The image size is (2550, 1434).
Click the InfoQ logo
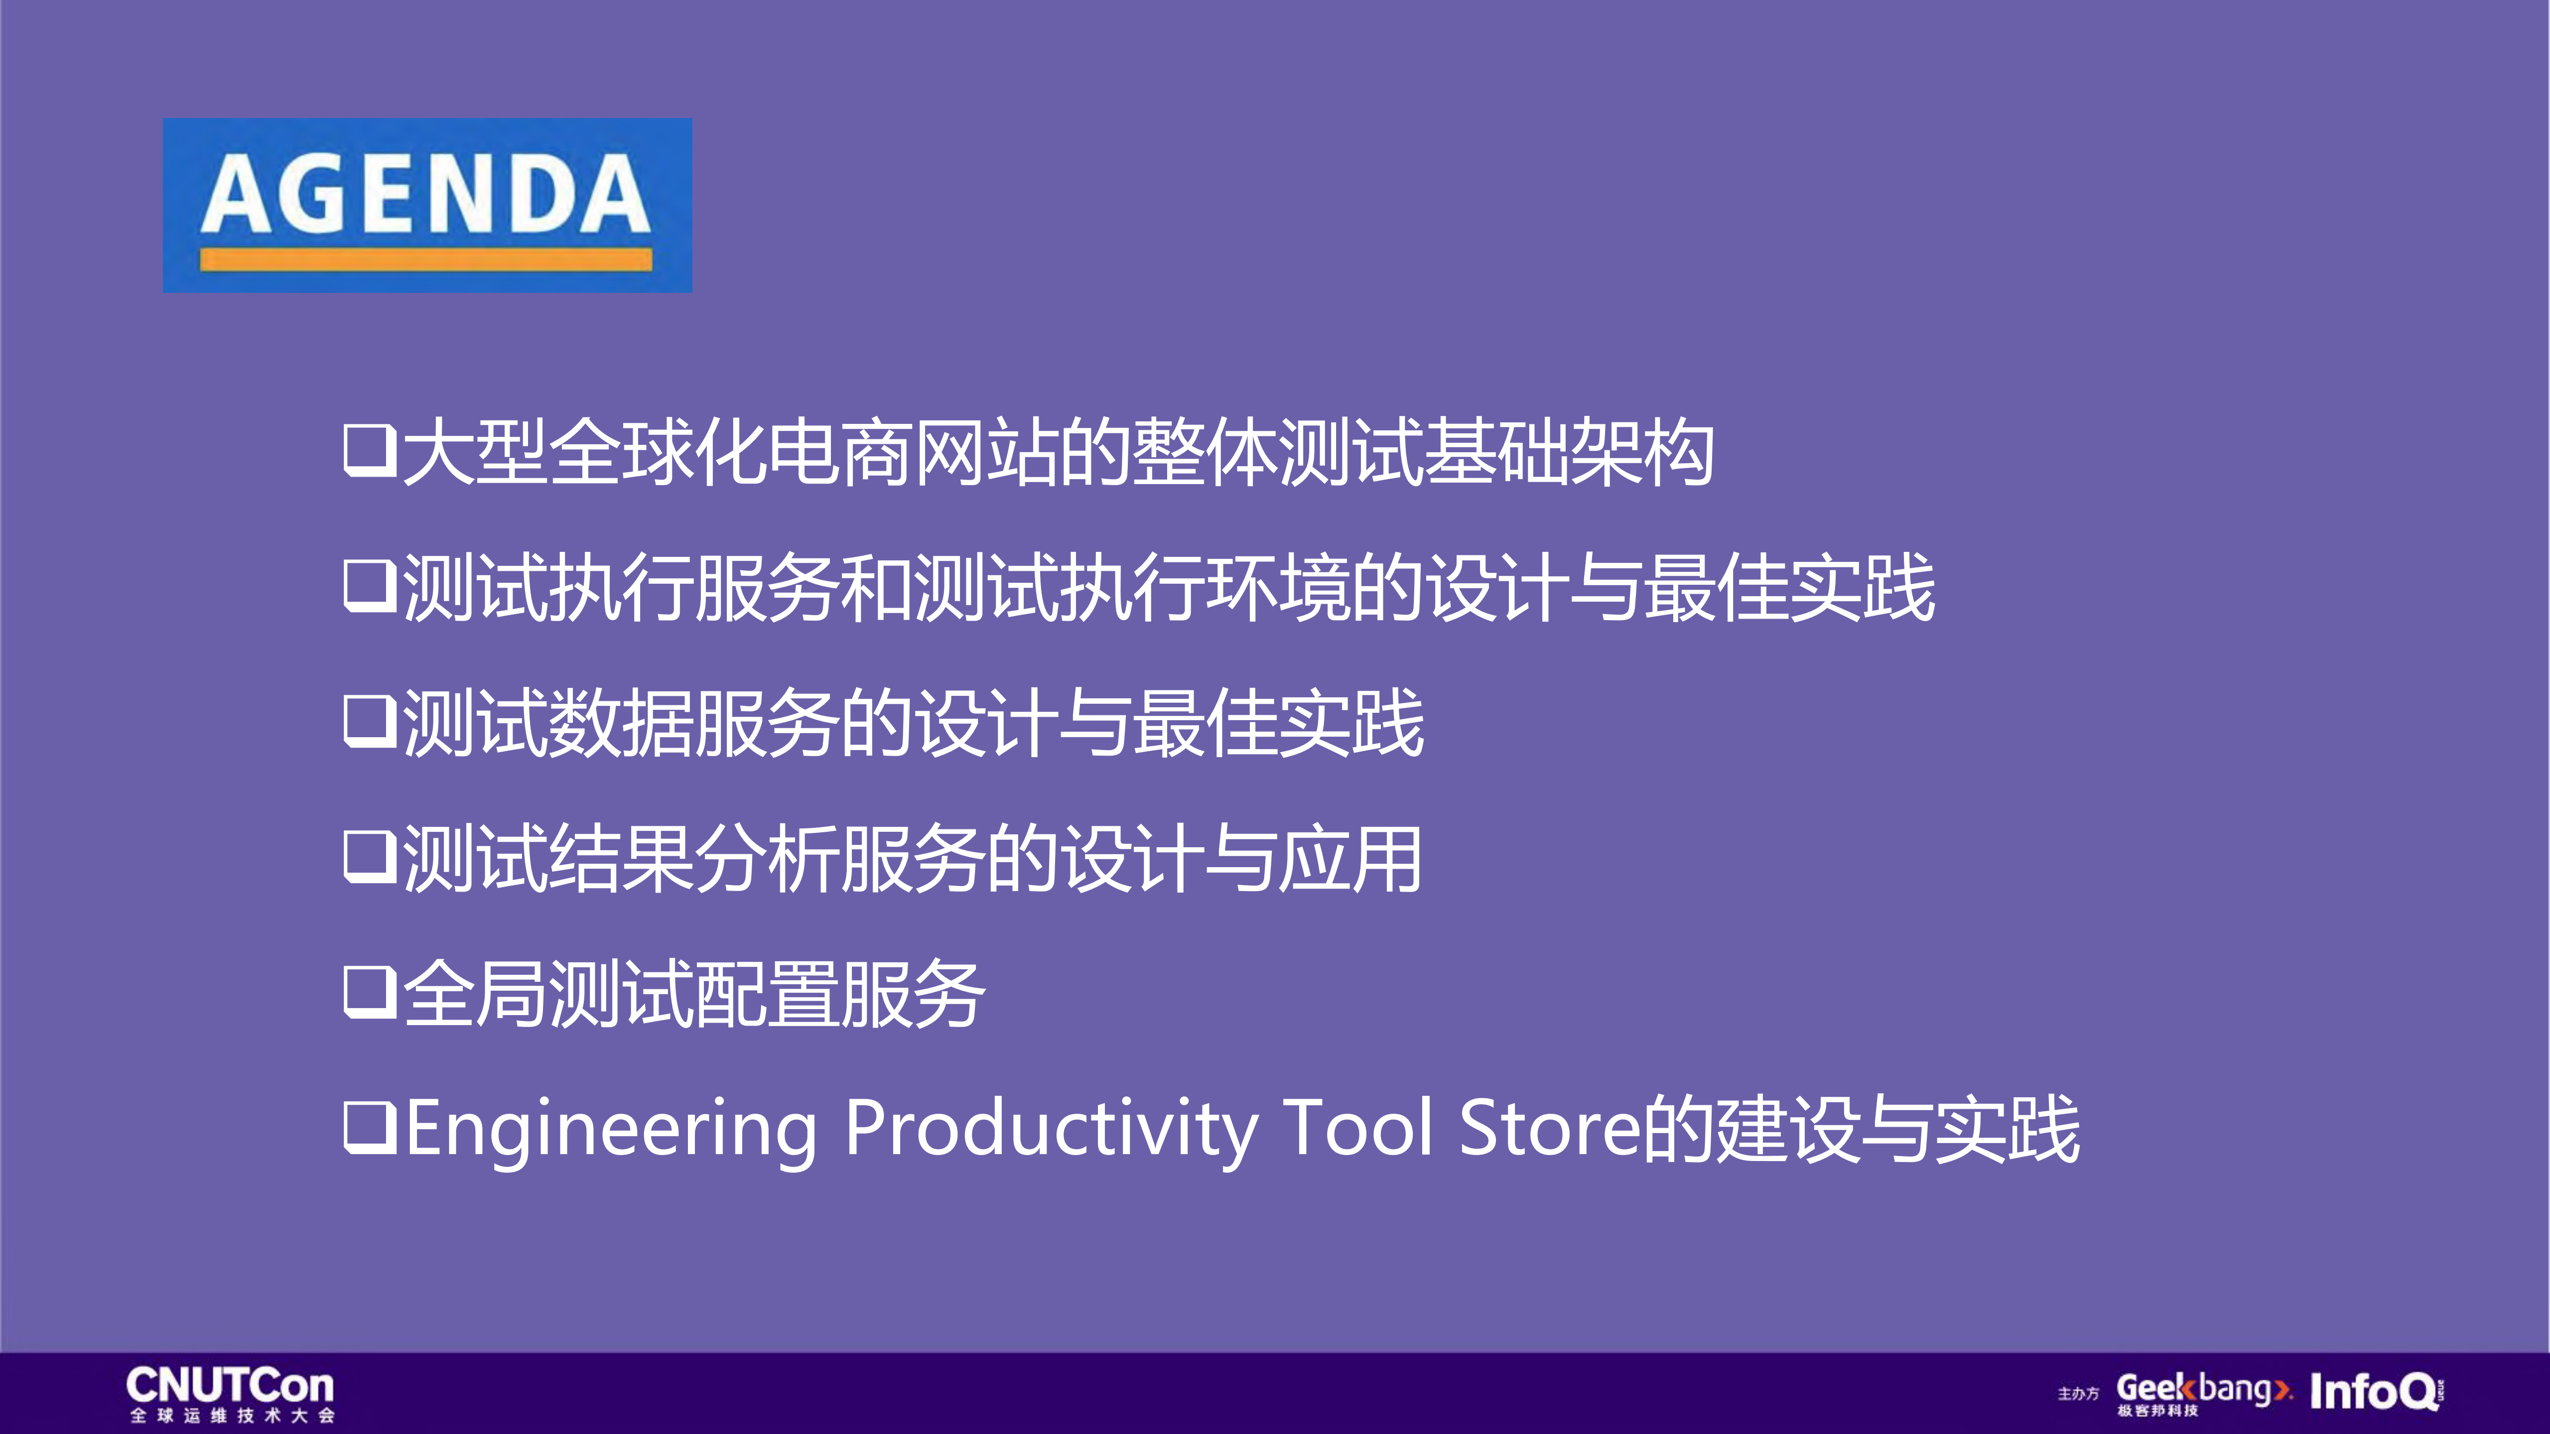pyautogui.click(x=2376, y=1392)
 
